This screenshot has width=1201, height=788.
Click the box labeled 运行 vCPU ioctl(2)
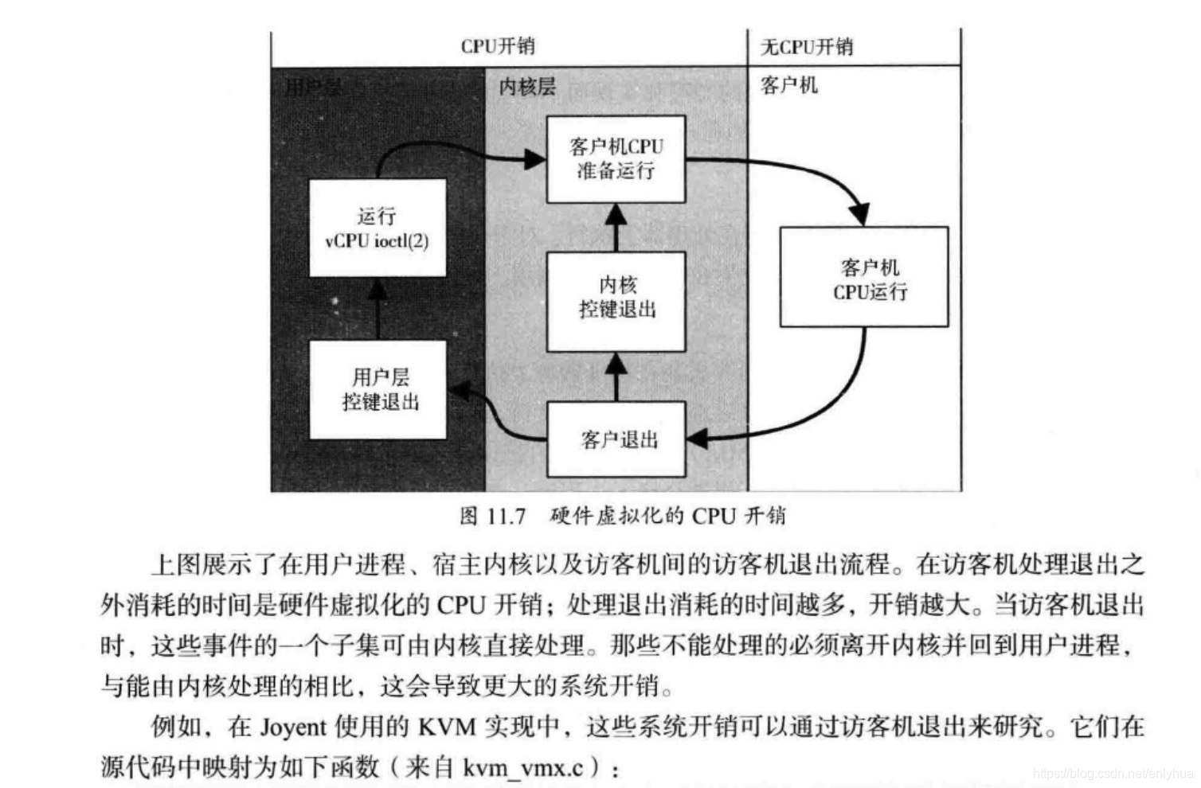click(377, 228)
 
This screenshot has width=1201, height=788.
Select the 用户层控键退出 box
click(378, 389)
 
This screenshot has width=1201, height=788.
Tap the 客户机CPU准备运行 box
click(616, 158)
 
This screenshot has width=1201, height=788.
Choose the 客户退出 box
click(616, 439)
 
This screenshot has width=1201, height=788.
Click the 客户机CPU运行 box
click(864, 277)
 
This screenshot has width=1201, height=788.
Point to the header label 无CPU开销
click(807, 47)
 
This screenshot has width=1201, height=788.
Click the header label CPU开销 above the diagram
click(497, 46)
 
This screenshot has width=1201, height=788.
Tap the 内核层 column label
click(527, 87)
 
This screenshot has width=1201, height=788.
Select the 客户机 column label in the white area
click(788, 85)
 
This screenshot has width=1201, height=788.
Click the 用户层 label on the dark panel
click(313, 87)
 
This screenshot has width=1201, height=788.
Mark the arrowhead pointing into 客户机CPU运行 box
click(859, 214)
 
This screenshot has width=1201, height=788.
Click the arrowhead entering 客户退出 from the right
click(697, 438)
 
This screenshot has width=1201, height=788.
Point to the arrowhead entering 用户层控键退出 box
click(459, 390)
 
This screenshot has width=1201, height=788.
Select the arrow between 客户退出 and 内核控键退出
click(616, 376)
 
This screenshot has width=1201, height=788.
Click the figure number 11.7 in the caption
click(504, 516)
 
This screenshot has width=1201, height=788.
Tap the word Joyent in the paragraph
click(293, 727)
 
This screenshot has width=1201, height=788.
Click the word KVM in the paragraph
click(447, 727)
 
